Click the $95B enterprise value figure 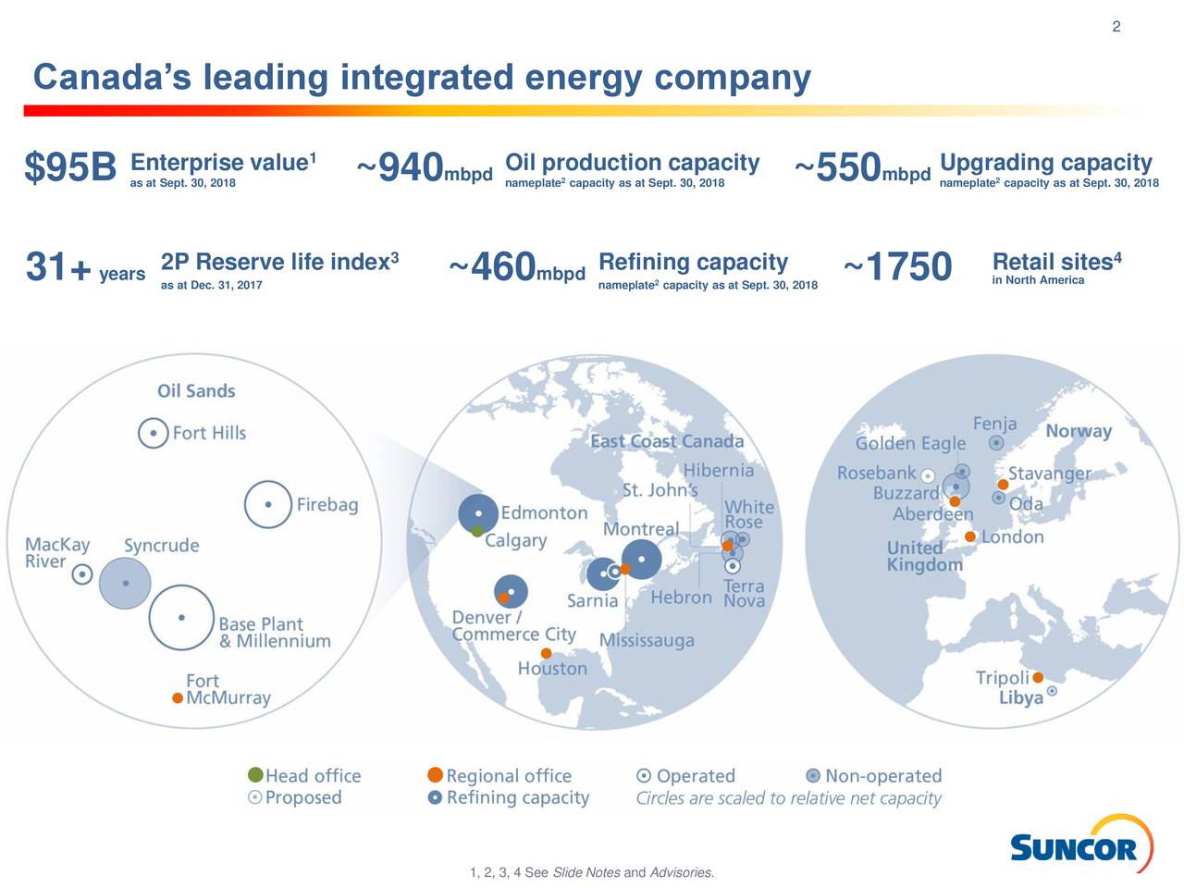pos(70,168)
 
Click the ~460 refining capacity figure pos(502,267)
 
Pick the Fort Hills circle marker pos(154,433)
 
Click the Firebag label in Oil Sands pos(327,505)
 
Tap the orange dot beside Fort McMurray pos(178,697)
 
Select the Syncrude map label pos(161,546)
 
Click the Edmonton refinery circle pos(478,512)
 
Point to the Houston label pos(552,669)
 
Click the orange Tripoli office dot pos(1038,677)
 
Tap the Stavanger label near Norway pos(1049,474)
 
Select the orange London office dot pos(970,536)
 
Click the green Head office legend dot pos(255,775)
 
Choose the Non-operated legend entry pos(882,776)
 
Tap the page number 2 pos(1116,27)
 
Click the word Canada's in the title pos(112,78)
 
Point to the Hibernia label pos(718,471)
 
